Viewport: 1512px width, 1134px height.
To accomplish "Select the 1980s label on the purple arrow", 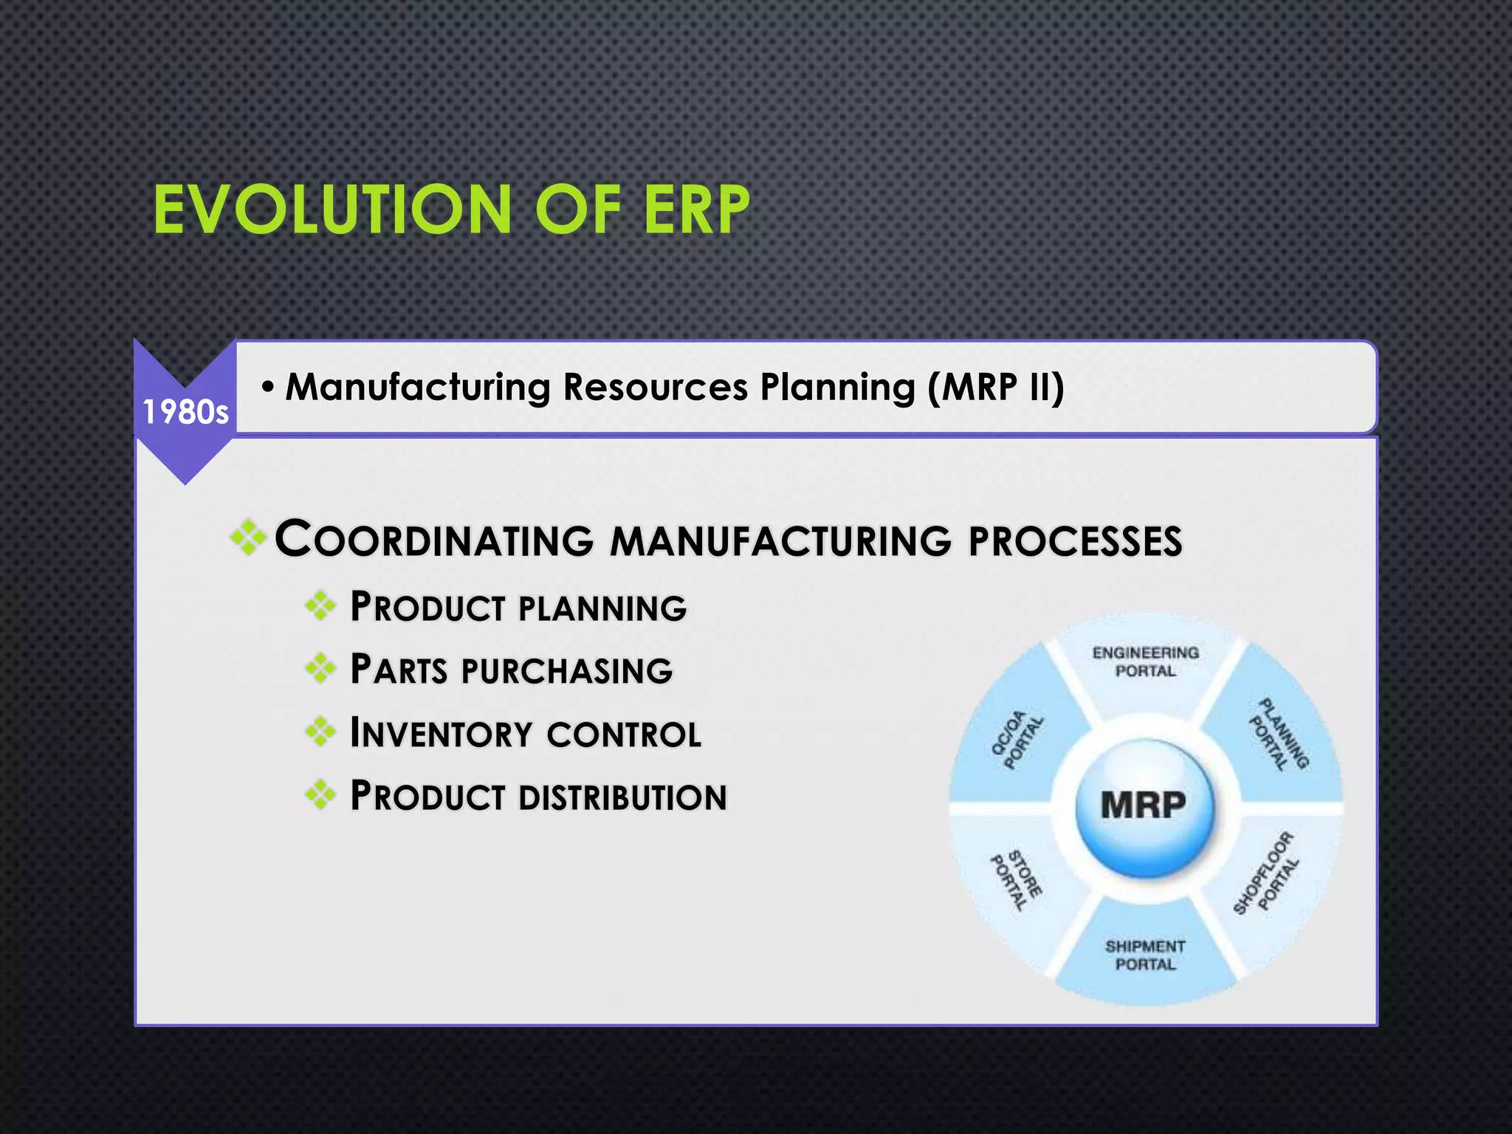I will point(185,412).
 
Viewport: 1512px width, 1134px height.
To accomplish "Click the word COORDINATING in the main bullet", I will point(434,540).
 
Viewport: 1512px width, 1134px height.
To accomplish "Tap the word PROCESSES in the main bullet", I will point(1075,541).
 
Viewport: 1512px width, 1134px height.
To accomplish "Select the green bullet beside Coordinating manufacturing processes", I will point(249,537).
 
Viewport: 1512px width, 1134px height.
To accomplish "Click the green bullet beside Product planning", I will point(320,607).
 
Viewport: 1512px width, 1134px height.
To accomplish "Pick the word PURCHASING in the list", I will point(567,671).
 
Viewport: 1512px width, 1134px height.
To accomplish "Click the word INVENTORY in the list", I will point(441,734).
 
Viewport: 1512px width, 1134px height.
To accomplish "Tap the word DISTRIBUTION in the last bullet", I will point(622,797).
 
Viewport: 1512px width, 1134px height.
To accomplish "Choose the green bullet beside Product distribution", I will point(320,795).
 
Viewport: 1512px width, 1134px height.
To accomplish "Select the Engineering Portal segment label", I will point(1145,661).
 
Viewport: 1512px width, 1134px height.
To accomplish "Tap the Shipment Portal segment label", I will point(1145,955).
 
